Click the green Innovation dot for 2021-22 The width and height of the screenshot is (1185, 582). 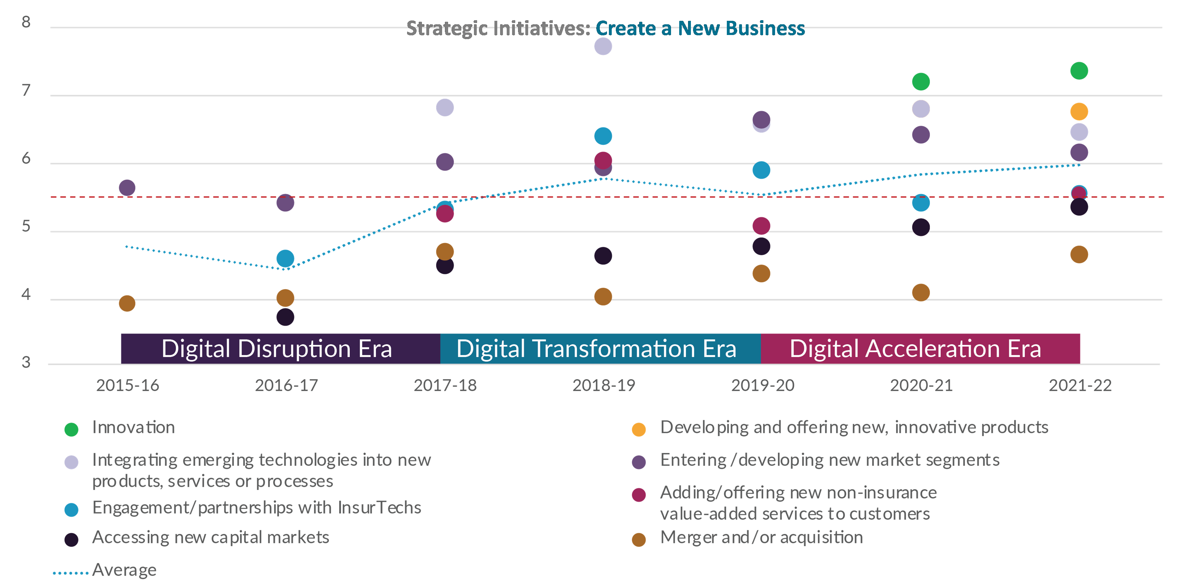[1079, 71]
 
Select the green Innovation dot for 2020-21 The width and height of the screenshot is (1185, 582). [920, 82]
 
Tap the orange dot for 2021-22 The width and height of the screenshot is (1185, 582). [1079, 111]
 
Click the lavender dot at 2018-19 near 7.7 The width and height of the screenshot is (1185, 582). [603, 46]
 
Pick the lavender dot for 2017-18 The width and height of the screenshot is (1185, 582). [444, 108]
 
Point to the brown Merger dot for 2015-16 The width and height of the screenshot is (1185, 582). [127, 303]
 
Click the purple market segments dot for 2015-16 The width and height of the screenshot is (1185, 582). [127, 188]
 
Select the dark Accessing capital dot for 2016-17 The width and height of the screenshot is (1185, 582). [285, 317]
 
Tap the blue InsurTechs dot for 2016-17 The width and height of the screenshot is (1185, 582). [285, 259]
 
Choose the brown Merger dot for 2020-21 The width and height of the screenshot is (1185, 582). [920, 293]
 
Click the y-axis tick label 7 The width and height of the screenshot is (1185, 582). [26, 90]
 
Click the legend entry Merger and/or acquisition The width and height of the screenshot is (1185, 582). [761, 537]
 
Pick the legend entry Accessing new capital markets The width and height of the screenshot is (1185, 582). [210, 537]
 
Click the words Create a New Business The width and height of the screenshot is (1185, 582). [700, 28]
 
